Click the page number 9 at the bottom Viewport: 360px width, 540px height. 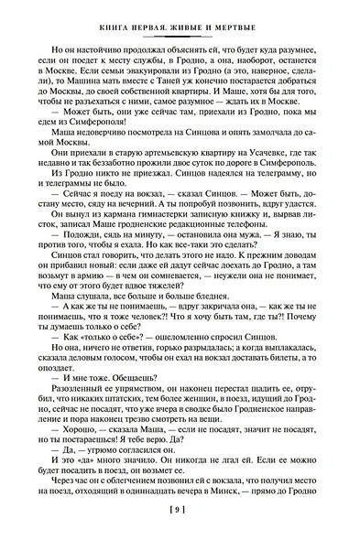pyautogui.click(x=180, y=520)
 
